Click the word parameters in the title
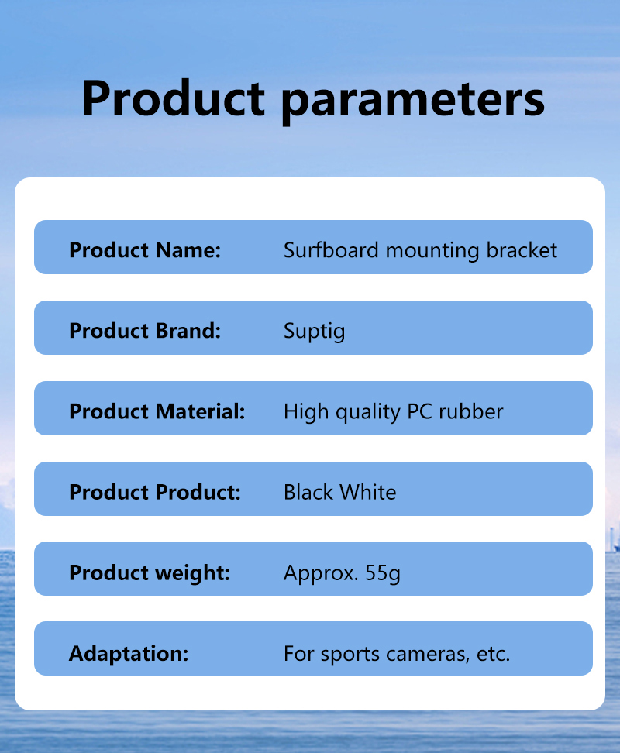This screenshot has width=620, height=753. click(413, 101)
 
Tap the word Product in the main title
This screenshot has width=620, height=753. click(174, 98)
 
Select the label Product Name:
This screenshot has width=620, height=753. click(145, 250)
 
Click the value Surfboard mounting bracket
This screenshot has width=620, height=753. click(420, 251)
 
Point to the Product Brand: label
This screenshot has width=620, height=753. click(145, 331)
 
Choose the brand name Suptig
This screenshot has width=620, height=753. click(314, 332)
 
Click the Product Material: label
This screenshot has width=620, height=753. click(157, 411)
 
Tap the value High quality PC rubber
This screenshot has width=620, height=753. click(394, 412)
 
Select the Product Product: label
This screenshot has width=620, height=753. click(155, 492)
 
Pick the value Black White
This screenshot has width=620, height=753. click(340, 492)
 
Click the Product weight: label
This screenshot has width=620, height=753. click(150, 573)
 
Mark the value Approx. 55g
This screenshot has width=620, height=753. click(342, 573)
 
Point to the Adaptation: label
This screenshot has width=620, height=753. click(129, 654)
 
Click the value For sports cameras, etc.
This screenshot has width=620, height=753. click(397, 654)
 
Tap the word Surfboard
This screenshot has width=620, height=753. click(331, 250)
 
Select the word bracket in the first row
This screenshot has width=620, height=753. click(522, 250)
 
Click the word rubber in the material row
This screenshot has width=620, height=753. click(470, 411)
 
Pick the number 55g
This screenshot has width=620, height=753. click(383, 573)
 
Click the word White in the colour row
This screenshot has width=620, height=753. click(368, 492)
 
